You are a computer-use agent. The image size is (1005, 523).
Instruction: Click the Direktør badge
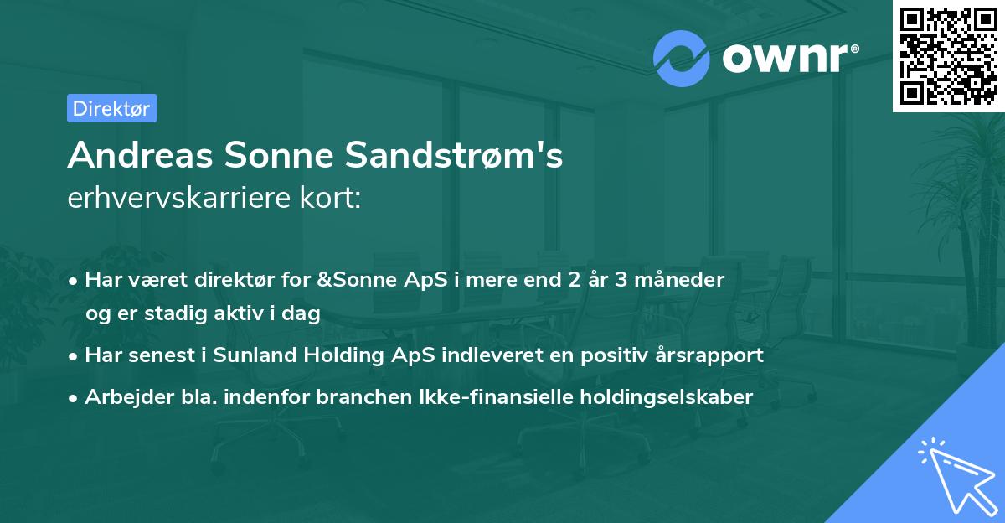111,108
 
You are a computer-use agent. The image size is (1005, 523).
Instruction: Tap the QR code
949,55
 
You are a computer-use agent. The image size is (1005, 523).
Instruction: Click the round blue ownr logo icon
682,58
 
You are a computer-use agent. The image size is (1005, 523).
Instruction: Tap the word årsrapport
711,355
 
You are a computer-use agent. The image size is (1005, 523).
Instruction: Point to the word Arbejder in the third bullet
121,396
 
